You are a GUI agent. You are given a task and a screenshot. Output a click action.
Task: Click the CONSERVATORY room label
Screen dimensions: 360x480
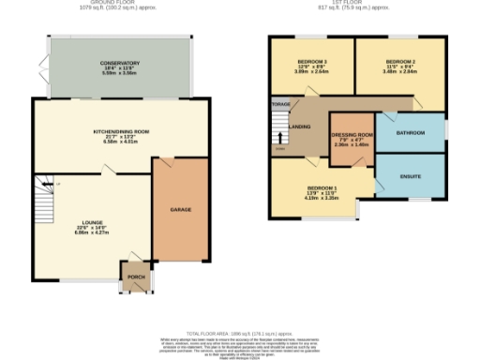click(x=120, y=63)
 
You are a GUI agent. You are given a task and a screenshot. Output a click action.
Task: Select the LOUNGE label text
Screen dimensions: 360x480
click(x=92, y=222)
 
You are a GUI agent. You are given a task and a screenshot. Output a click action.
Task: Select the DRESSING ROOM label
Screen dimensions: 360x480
click(x=352, y=135)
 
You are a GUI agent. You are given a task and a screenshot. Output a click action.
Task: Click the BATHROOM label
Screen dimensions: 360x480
click(x=411, y=133)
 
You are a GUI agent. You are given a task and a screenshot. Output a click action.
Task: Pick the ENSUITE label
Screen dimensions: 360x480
click(x=411, y=175)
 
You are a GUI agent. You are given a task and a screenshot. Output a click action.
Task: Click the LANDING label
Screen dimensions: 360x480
click(x=301, y=126)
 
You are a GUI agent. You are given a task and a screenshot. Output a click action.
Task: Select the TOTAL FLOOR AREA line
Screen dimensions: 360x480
click(x=240, y=333)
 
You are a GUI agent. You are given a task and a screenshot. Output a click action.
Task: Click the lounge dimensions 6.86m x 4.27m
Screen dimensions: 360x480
click(x=92, y=233)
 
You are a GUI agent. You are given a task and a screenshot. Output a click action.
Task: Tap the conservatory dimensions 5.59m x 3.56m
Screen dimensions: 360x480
click(x=120, y=73)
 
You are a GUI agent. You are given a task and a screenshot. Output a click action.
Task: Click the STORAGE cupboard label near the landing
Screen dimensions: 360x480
click(x=279, y=102)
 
